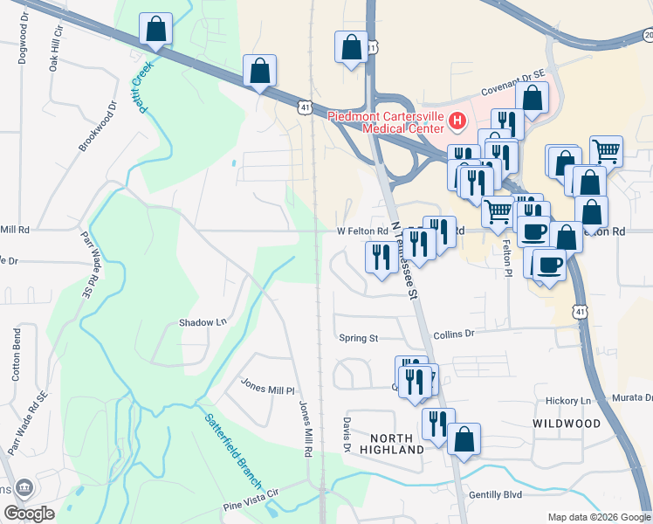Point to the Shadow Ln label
pos(203,322)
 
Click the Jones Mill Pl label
pos(268,386)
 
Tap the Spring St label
pos(358,338)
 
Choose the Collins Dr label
pos(453,334)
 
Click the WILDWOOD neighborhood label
pos(567,424)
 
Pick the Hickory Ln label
pos(568,401)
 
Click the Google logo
pos(28,514)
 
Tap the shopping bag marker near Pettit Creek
pos(155,29)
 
